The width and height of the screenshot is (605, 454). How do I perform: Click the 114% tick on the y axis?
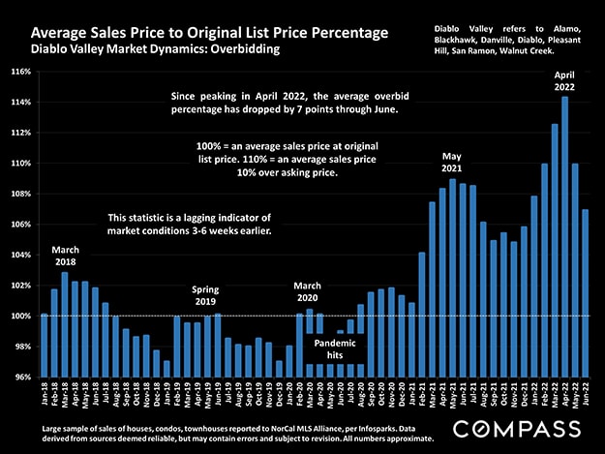coord(19,103)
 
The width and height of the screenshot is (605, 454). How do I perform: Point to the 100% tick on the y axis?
coord(19,317)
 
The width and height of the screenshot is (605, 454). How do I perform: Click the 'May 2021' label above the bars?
coord(451,161)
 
